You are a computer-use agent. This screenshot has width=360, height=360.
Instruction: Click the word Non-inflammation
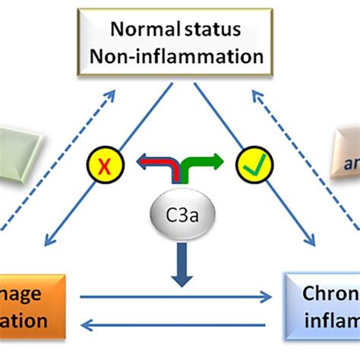pyautogui.click(x=188, y=56)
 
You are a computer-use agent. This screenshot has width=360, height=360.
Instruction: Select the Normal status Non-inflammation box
pyautogui.click(x=188, y=43)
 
